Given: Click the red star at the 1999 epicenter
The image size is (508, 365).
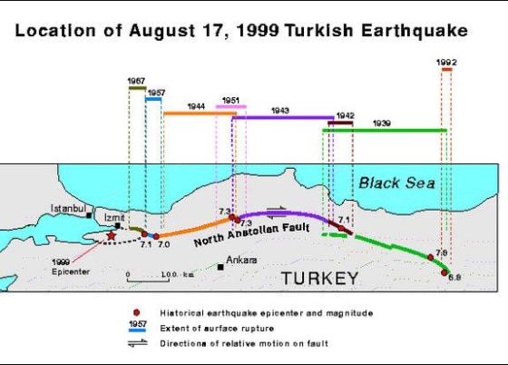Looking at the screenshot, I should pos(111,235).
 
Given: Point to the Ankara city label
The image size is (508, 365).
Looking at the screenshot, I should pos(242,261).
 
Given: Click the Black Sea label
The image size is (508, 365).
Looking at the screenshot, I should pos(397,182).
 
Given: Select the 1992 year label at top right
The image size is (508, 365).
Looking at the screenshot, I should pos(445,62).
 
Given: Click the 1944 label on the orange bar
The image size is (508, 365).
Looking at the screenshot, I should pos(196,106).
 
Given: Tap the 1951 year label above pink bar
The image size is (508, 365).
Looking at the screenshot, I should pos(230,100).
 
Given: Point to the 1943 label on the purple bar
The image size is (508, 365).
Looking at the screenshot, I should pos(279,110).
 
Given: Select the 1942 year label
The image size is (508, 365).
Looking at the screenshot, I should pos(345,115).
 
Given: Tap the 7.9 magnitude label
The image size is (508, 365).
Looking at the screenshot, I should pos(442,252).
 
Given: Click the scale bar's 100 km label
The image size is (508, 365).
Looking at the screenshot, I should pos(171,273).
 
